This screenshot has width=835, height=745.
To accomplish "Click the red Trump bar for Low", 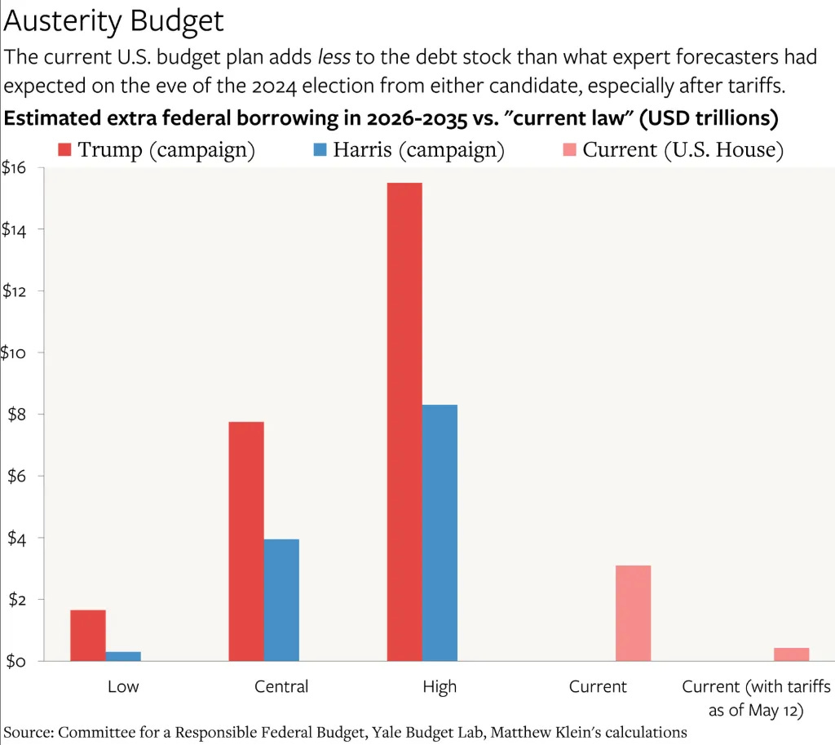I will pos(88,635).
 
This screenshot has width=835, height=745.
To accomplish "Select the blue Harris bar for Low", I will pos(123,656).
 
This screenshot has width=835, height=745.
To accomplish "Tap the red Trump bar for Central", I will pos(246,541).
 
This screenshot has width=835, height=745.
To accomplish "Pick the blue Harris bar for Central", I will pos(281,600).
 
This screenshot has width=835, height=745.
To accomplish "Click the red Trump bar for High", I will pos(404,422).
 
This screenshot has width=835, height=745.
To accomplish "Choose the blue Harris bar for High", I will pos(440,533).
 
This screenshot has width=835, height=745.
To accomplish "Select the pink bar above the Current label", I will pos(634,613).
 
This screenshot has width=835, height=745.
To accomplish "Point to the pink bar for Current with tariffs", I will pos(791,654).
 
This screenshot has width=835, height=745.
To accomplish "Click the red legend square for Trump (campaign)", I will pos(65,150).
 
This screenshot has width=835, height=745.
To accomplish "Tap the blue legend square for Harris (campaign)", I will pos(320,150).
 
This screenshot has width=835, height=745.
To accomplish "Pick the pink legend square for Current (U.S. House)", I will pos(569,150).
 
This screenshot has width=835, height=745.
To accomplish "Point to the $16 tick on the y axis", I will pos(15,168).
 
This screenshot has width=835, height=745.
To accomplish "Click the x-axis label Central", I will pos(281,686).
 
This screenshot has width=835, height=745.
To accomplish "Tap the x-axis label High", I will pos(440,686).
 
